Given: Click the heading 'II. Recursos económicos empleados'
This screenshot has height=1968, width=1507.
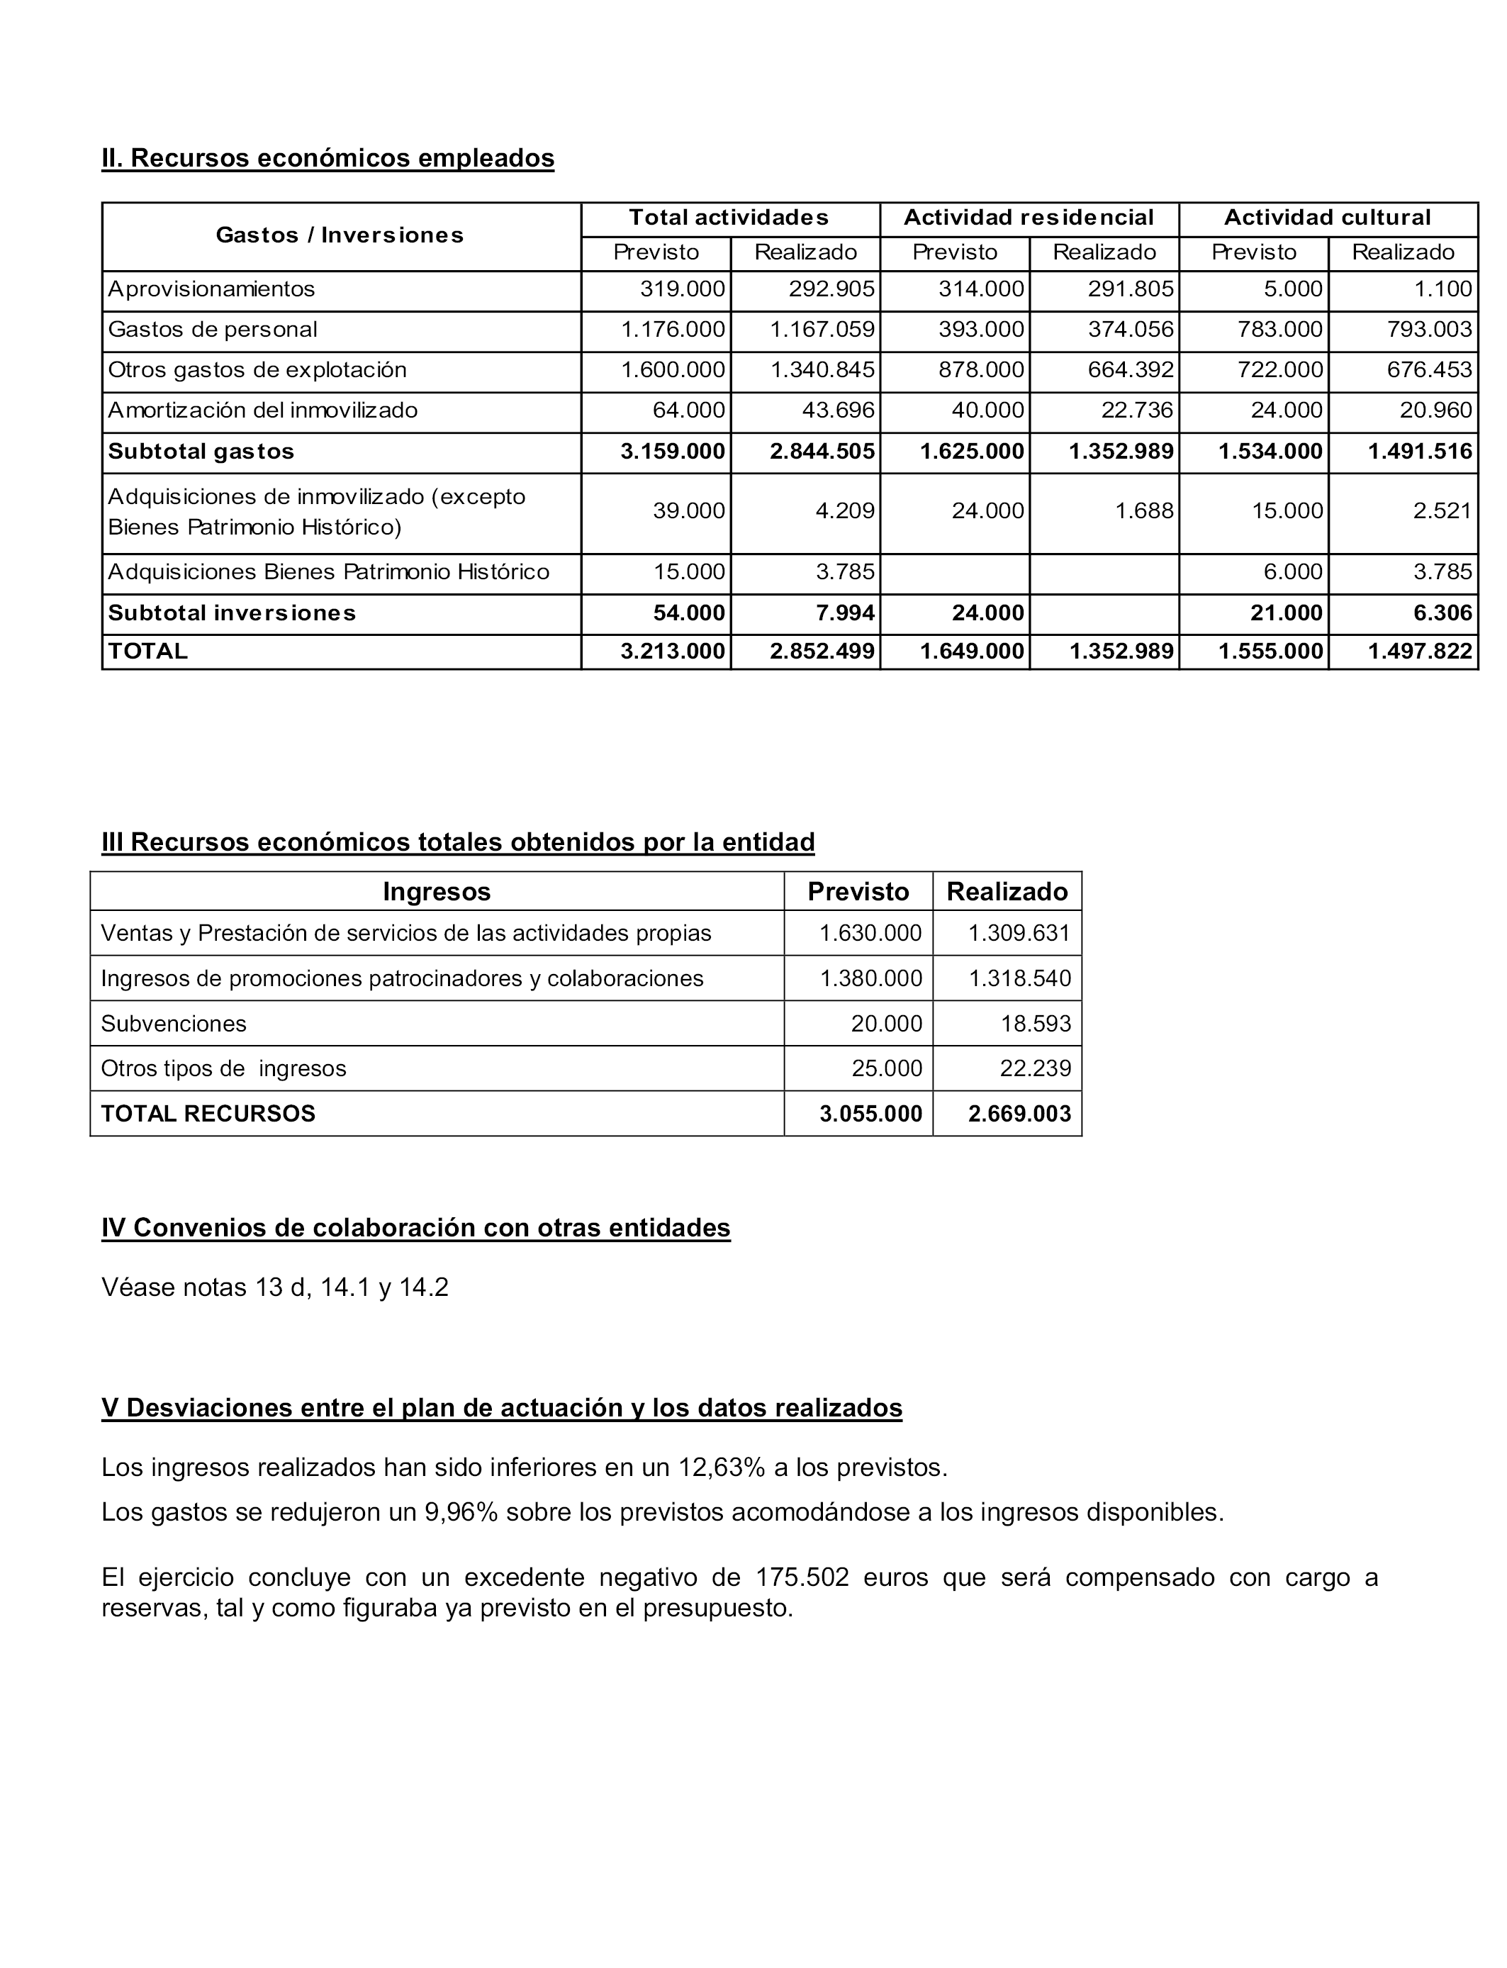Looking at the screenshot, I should [x=327, y=158].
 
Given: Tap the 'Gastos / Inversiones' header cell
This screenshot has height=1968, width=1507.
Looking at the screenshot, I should [x=340, y=235].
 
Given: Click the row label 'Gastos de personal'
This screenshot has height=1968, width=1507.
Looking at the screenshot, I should [x=213, y=329].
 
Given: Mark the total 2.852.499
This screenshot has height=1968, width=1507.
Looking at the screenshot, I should [x=822, y=652].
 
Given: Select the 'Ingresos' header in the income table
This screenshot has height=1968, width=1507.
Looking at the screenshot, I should [x=437, y=892].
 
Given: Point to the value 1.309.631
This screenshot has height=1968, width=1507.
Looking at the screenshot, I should [x=1019, y=933].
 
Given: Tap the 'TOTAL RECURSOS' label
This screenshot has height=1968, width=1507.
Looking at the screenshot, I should [x=208, y=1113].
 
